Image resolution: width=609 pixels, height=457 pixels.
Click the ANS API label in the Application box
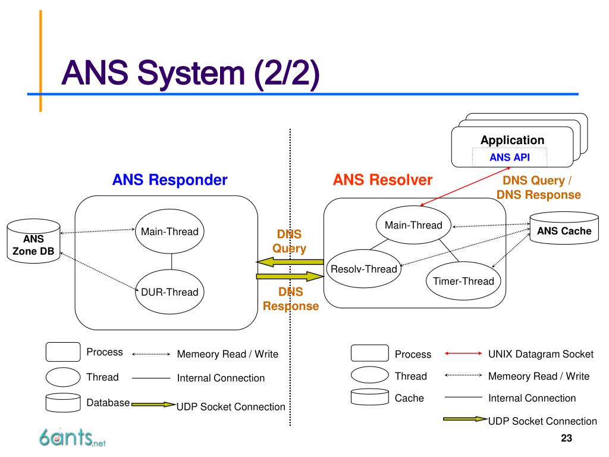(510, 157)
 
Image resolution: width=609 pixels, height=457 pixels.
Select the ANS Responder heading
(169, 180)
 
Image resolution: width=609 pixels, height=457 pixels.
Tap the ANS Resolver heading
(382, 180)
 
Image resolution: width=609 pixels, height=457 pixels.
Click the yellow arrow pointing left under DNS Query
(290, 262)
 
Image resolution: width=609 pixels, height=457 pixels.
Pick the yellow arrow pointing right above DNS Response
(290, 276)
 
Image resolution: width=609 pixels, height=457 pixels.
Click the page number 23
(566, 439)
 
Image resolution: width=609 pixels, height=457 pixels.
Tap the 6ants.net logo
(72, 437)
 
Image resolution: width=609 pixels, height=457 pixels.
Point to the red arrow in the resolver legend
(463, 353)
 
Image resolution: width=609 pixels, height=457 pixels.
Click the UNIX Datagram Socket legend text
(541, 354)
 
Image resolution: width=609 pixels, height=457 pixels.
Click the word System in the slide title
(191, 74)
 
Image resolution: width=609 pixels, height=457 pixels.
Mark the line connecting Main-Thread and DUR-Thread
(171, 262)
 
